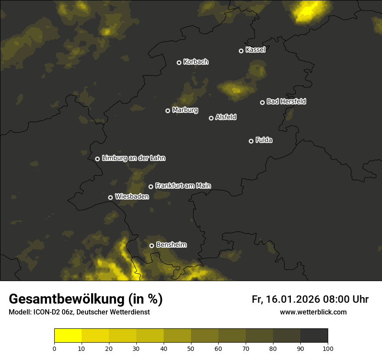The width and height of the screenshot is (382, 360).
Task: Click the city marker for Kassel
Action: coord(241,51)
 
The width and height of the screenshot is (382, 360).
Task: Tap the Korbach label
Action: coord(196,62)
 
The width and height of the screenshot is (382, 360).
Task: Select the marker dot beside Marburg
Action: coord(168,111)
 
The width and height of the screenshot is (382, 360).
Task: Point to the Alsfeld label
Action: coord(226,118)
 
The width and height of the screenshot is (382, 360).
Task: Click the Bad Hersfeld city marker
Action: coord(262,102)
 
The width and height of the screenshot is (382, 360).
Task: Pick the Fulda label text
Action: coord(263,141)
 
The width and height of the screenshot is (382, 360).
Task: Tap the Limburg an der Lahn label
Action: coord(134,158)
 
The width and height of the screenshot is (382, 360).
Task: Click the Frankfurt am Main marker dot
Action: coord(151,187)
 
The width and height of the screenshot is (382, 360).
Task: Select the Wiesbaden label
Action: coord(132,197)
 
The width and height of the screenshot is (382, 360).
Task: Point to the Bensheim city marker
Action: coord(151,245)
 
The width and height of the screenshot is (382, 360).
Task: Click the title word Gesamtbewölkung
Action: coord(65,299)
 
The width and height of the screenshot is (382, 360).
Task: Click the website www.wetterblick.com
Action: coord(313,312)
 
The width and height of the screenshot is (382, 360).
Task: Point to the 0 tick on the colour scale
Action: coord(54,348)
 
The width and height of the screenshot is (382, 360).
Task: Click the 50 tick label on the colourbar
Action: coord(191,348)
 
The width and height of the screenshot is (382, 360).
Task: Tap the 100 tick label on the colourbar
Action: coord(328,348)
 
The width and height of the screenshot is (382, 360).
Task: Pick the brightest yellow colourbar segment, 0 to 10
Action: coord(68,336)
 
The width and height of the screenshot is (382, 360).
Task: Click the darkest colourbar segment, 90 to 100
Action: coord(314,336)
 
